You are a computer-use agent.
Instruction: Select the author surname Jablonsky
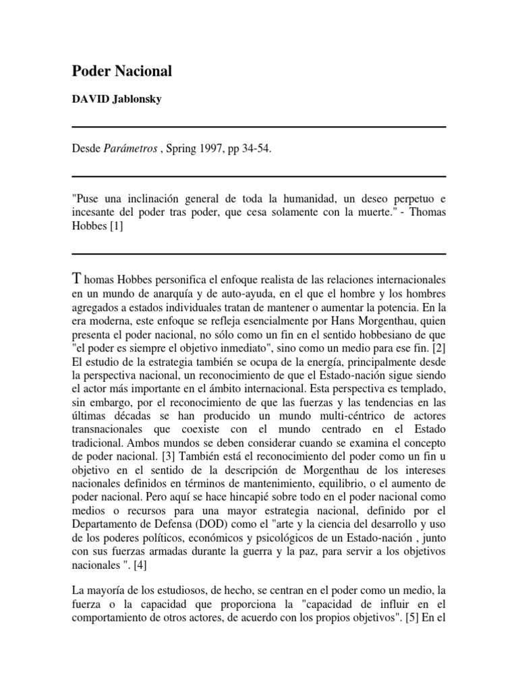click(x=137, y=99)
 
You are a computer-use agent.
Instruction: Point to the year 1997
click(x=214, y=150)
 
